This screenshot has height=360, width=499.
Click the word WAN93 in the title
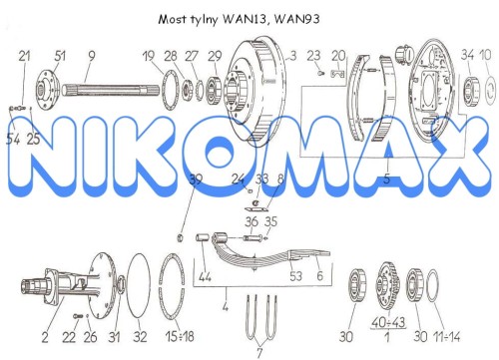[x=297, y=19]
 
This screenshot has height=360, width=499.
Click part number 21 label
[x=24, y=56]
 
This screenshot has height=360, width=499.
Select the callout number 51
[x=60, y=56]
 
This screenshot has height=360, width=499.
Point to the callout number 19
[x=149, y=56]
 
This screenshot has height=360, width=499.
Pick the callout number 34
[x=467, y=55]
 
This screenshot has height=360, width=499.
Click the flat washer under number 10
[x=488, y=90]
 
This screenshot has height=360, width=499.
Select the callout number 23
[x=313, y=56]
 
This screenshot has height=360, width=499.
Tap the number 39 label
[x=196, y=180]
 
